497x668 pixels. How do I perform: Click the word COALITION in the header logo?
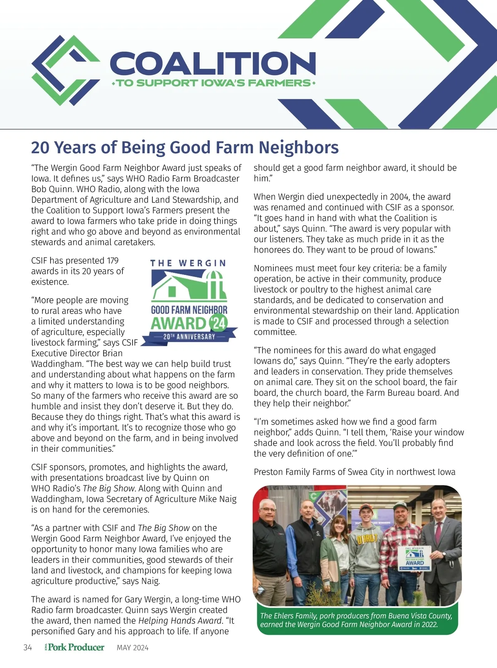click(x=213, y=63)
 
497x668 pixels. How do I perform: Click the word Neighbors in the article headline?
click(x=299, y=147)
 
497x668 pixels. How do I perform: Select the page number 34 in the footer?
click(x=28, y=647)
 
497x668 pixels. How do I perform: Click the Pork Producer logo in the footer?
click(x=75, y=647)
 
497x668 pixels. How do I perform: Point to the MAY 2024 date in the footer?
click(x=133, y=648)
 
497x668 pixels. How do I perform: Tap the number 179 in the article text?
click(x=113, y=260)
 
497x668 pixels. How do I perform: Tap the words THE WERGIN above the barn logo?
click(x=188, y=263)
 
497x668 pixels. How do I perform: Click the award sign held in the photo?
click(x=415, y=559)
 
